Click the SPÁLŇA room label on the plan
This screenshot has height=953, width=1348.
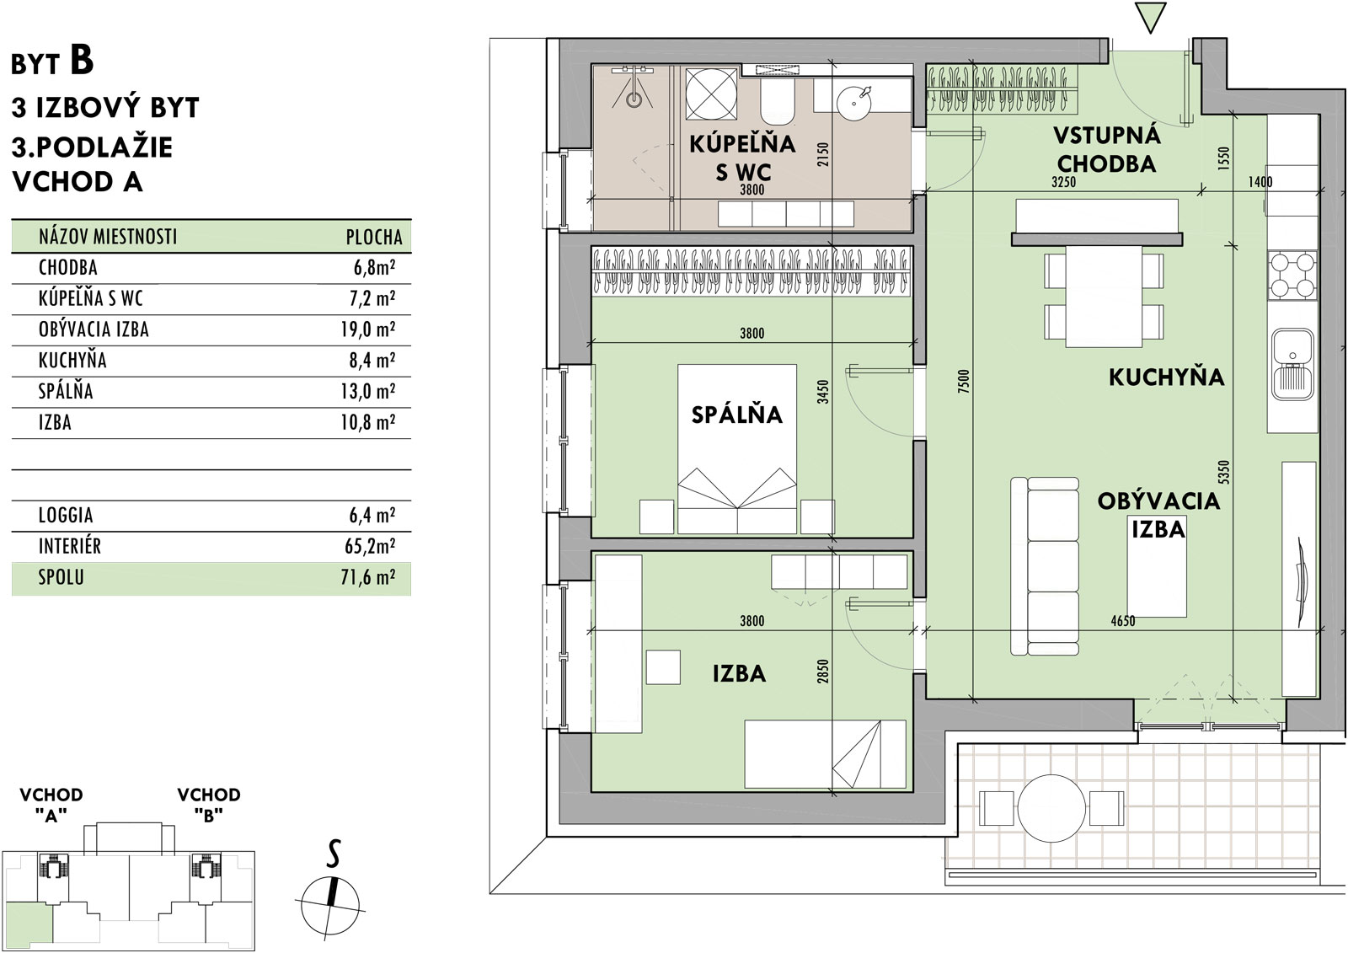tap(736, 415)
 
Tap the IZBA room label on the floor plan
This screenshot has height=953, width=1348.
tap(739, 673)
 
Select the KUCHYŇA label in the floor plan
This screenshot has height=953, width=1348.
tap(1166, 377)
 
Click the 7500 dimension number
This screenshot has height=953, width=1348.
tap(964, 382)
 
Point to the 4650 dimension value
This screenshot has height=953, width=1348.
tap(1123, 621)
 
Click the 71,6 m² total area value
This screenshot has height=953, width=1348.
tap(367, 577)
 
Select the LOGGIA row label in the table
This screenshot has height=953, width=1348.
tap(66, 516)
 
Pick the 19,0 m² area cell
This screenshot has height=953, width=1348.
tap(367, 329)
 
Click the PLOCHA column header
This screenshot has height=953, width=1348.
tap(374, 237)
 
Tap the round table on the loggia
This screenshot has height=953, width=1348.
tap(1051, 809)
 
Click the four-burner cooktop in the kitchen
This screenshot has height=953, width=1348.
tap(1292, 276)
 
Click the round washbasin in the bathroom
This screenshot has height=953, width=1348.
tap(854, 101)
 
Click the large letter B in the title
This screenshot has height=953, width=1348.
tap(82, 60)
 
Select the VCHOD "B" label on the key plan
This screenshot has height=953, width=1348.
tap(209, 805)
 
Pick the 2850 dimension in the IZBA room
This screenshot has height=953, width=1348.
tap(823, 672)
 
